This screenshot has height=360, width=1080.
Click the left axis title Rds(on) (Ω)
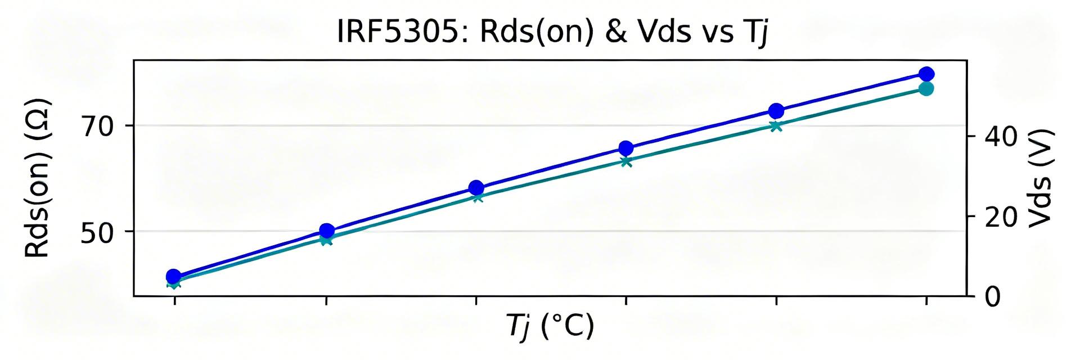38,178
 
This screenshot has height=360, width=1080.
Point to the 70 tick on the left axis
99,125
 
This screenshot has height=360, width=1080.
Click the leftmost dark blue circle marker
174,276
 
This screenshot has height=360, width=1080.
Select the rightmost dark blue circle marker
926,74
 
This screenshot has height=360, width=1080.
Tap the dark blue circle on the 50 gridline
326,231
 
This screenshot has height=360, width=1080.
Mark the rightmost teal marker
926,88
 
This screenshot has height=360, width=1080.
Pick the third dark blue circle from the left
476,188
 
